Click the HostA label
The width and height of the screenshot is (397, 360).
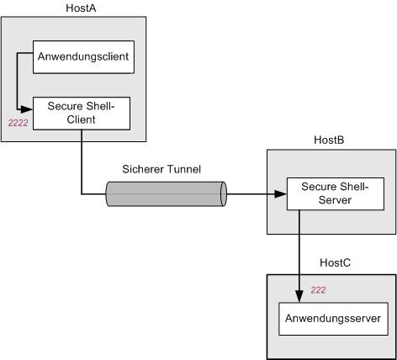point(81,8)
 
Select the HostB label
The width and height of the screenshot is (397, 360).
point(329,140)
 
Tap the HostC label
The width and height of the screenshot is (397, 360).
point(335,262)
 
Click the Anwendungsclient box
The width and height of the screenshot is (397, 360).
point(83,57)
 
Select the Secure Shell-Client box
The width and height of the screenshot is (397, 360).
point(82,114)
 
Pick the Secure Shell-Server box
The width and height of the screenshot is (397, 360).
point(336,193)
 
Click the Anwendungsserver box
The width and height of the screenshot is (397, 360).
point(333,319)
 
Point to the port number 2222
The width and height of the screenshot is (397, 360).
point(18,123)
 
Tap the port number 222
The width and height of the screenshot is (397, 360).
point(318,290)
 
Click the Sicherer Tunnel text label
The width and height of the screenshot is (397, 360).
point(161,169)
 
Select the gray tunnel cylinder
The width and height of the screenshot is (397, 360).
point(166,193)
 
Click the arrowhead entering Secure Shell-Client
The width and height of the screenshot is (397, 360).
point(27,109)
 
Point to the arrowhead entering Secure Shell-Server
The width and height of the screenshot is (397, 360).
point(280,194)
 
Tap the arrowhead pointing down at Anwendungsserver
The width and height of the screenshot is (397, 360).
point(299,296)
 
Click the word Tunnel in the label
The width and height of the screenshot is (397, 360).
point(184,169)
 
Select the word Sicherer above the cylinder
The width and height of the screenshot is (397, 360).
point(143,169)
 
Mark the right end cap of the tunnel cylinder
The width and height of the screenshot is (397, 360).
point(223,193)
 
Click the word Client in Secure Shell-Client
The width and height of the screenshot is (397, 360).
point(82,119)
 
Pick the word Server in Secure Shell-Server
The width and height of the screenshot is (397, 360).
point(335,200)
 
